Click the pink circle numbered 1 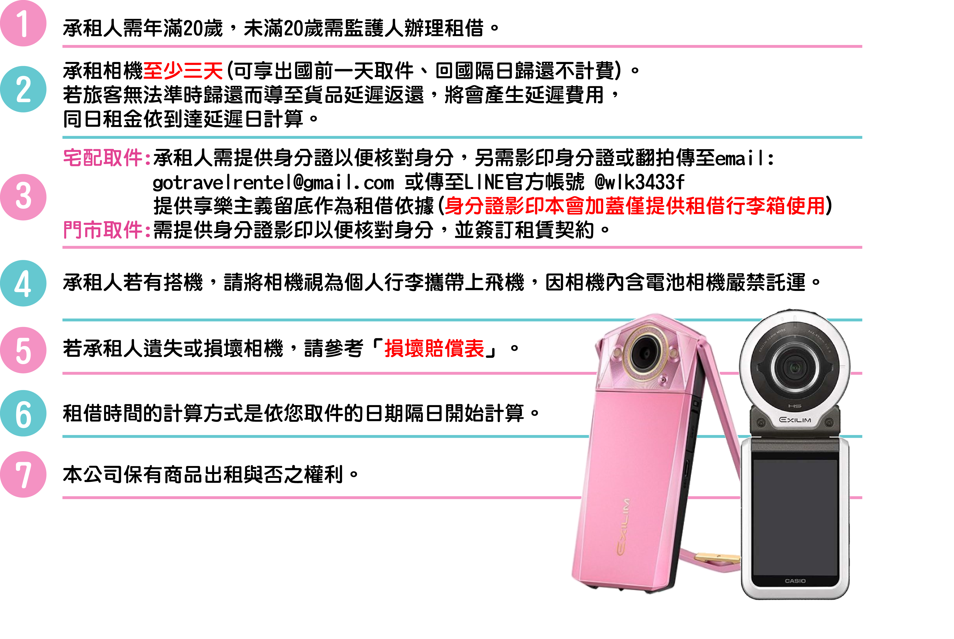click(x=23, y=23)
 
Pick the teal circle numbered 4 click(x=23, y=283)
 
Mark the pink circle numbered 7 click(x=23, y=474)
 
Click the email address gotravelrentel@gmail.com click(x=273, y=182)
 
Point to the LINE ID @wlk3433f click(x=639, y=182)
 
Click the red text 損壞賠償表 click(x=434, y=349)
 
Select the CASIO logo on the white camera click(x=795, y=581)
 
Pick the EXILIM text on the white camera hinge click(x=795, y=420)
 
